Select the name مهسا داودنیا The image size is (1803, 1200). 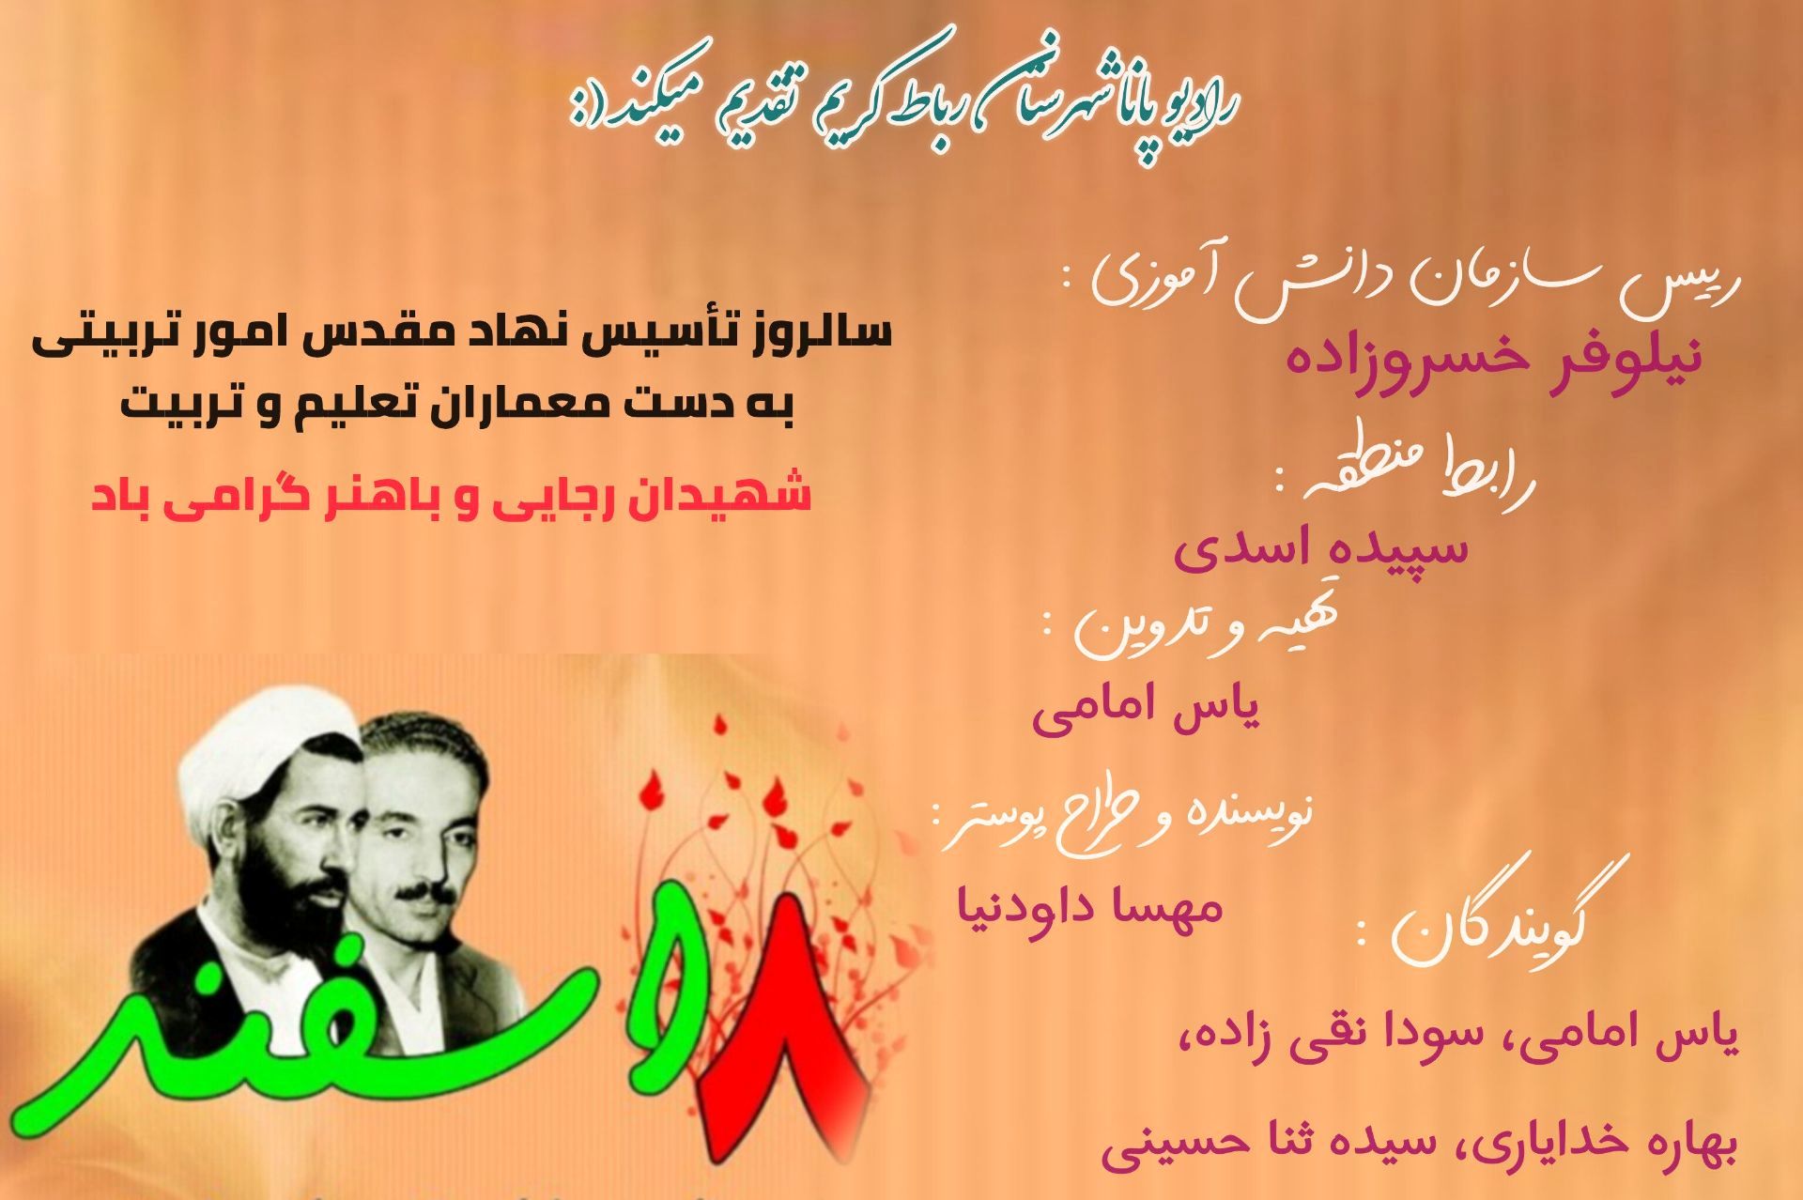[1089, 907]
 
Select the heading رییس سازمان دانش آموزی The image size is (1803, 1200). [1409, 282]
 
